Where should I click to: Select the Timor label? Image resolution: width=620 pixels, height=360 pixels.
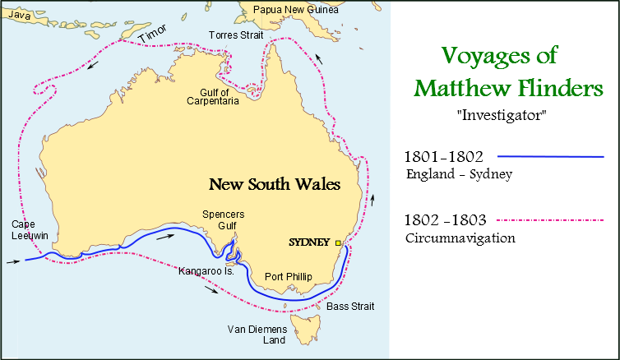151,34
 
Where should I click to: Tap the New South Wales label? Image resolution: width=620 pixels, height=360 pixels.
274,184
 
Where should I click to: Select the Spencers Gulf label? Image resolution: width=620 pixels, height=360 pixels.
224,220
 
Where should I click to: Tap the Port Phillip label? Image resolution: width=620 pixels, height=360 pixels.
288,277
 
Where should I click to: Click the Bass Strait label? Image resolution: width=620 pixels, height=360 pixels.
350,307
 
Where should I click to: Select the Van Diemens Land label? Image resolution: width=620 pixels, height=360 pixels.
257,335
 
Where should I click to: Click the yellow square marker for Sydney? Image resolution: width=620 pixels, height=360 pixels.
337,242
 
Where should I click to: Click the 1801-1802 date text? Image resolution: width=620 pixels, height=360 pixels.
443,156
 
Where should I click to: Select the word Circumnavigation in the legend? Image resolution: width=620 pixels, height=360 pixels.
460,238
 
